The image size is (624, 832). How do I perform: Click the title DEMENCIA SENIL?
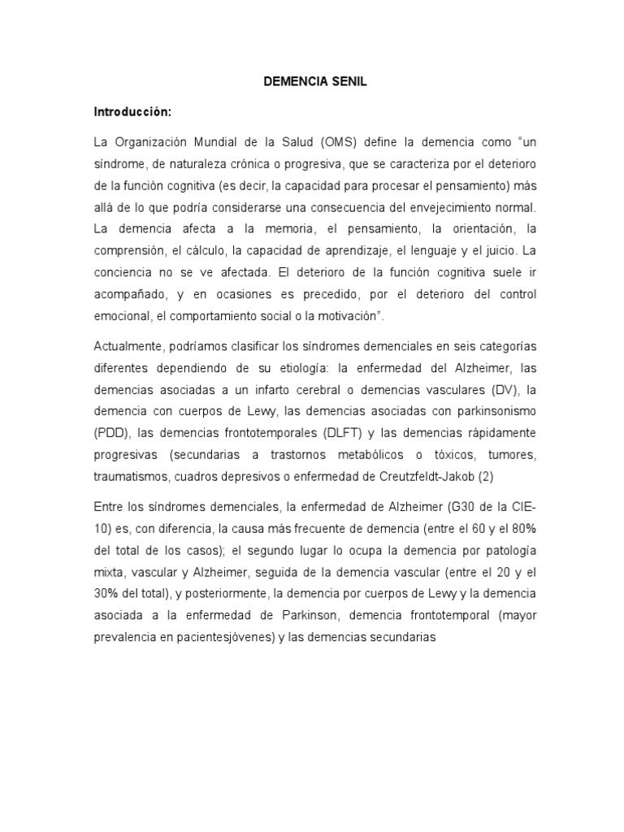coord(311,83)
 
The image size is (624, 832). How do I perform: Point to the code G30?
coord(464,507)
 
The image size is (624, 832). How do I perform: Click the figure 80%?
coord(522,528)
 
